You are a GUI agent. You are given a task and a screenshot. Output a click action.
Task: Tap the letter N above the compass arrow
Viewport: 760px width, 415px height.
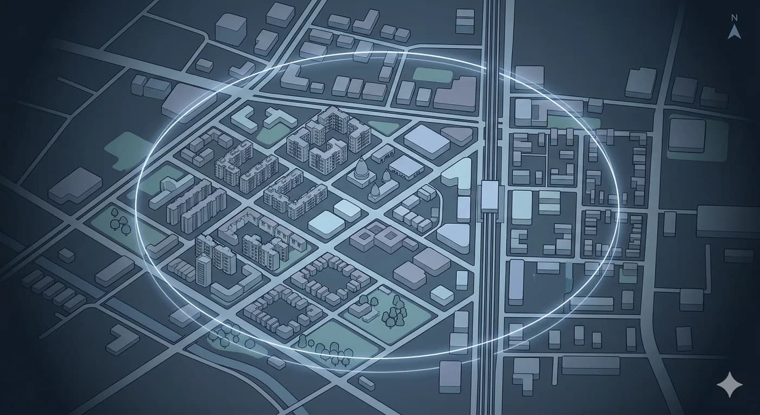(x=734, y=18)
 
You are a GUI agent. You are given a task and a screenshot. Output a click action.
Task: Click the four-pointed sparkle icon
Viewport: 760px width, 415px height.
(x=729, y=385)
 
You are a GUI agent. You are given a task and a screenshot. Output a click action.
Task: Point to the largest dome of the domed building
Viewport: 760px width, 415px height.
(x=360, y=173)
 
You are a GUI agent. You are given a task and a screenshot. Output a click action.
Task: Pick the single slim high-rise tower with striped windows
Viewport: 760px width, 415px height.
(x=204, y=270)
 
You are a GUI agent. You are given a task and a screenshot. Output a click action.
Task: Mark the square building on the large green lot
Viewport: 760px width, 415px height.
(x=687, y=135)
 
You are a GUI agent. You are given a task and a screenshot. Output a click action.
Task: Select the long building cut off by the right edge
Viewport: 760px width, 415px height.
(x=727, y=221)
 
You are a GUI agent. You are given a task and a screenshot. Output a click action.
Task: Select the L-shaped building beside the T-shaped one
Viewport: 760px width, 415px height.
(x=244, y=118)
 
